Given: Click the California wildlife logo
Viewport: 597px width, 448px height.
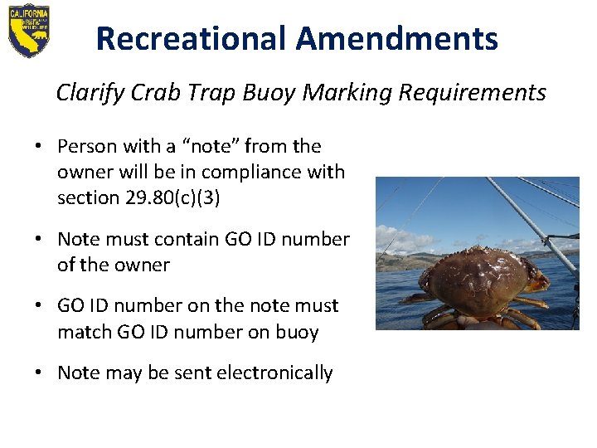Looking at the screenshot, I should point(29,31).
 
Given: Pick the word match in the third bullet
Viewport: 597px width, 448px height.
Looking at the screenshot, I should point(83,332).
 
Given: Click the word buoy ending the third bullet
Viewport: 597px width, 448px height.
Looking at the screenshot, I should point(297,332).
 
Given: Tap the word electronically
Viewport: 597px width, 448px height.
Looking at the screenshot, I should point(274,373).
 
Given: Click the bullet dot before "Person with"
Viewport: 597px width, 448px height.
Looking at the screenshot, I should point(39,147).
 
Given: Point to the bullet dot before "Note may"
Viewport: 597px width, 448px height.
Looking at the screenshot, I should point(39,373).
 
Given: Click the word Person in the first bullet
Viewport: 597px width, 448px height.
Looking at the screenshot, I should point(86,146).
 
